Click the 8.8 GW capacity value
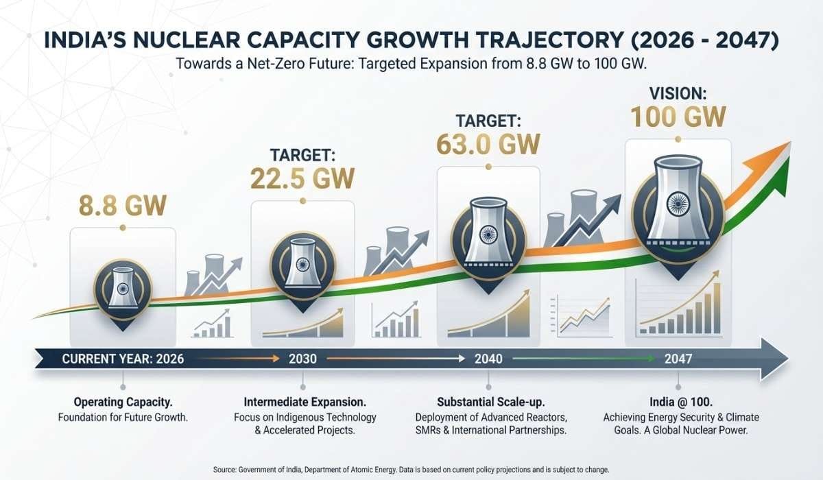point(122,204)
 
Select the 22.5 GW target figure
point(303,177)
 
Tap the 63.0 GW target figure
point(488,144)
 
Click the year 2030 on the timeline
point(302,359)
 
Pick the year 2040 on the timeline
point(488,359)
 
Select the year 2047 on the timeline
point(678,359)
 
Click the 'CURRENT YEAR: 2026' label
point(123,359)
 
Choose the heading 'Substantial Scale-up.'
point(488,402)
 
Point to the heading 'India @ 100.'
point(678,402)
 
